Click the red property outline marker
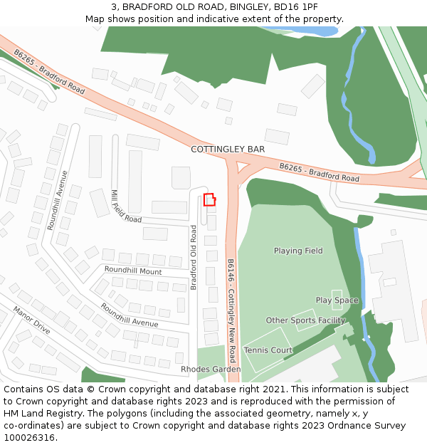pyautogui.click(x=209, y=199)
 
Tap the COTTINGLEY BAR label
pyautogui.click(x=228, y=150)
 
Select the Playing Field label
pyautogui.click(x=298, y=251)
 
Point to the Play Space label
pyautogui.click(x=337, y=300)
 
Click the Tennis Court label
pyautogui.click(x=268, y=350)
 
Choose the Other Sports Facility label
pyautogui.click(x=305, y=320)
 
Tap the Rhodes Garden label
pyautogui.click(x=211, y=370)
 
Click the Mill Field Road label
pyautogui.click(x=126, y=206)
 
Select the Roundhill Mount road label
pyautogui.click(x=133, y=271)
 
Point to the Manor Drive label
pyautogui.click(x=32, y=320)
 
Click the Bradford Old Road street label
pyautogui.click(x=193, y=258)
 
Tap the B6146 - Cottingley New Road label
pyautogui.click(x=231, y=300)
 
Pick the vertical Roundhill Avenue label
pyautogui.click(x=57, y=199)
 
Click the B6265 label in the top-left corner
pyautogui.click(x=48, y=72)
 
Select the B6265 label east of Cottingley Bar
pyautogui.click(x=319, y=172)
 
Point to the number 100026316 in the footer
pyautogui.click(x=28, y=438)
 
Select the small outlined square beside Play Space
pyautogui.click(x=337, y=295)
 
